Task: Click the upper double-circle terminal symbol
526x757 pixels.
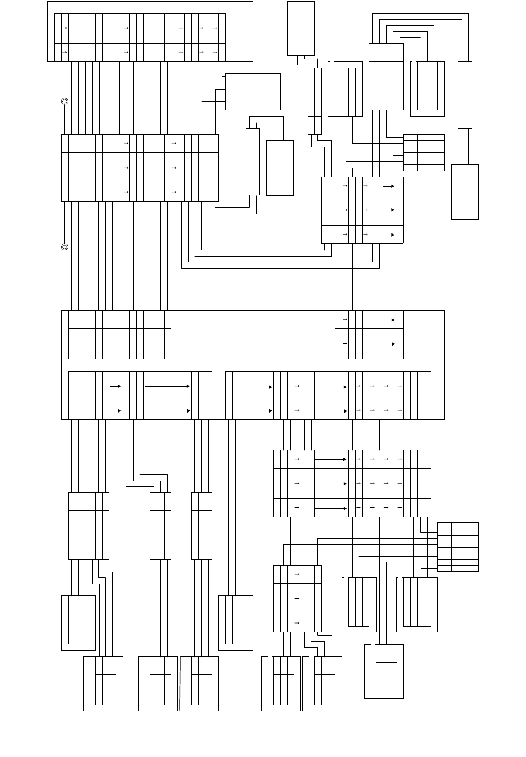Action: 64,101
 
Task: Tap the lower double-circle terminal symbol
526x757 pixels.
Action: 64,247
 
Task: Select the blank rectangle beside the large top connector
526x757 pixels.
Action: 301,28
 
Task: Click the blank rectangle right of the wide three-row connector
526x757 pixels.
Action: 280,168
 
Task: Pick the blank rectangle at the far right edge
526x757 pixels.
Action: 465,192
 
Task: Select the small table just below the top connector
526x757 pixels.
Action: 253,92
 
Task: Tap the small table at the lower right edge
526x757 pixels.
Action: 458,547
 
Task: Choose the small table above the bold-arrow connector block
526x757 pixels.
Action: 424,152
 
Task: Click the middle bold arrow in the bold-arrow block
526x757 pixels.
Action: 389,210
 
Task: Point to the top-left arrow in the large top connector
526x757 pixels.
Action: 64,27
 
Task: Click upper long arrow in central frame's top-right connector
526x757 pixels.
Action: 379,319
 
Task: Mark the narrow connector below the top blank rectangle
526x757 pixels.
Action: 314,100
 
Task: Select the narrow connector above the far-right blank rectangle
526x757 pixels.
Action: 465,95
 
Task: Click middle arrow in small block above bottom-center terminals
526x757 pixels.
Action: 298,598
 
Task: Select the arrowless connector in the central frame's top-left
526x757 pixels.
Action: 119,335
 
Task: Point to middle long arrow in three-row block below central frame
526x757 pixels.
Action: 331,483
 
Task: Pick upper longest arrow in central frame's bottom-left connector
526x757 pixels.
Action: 167,386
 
